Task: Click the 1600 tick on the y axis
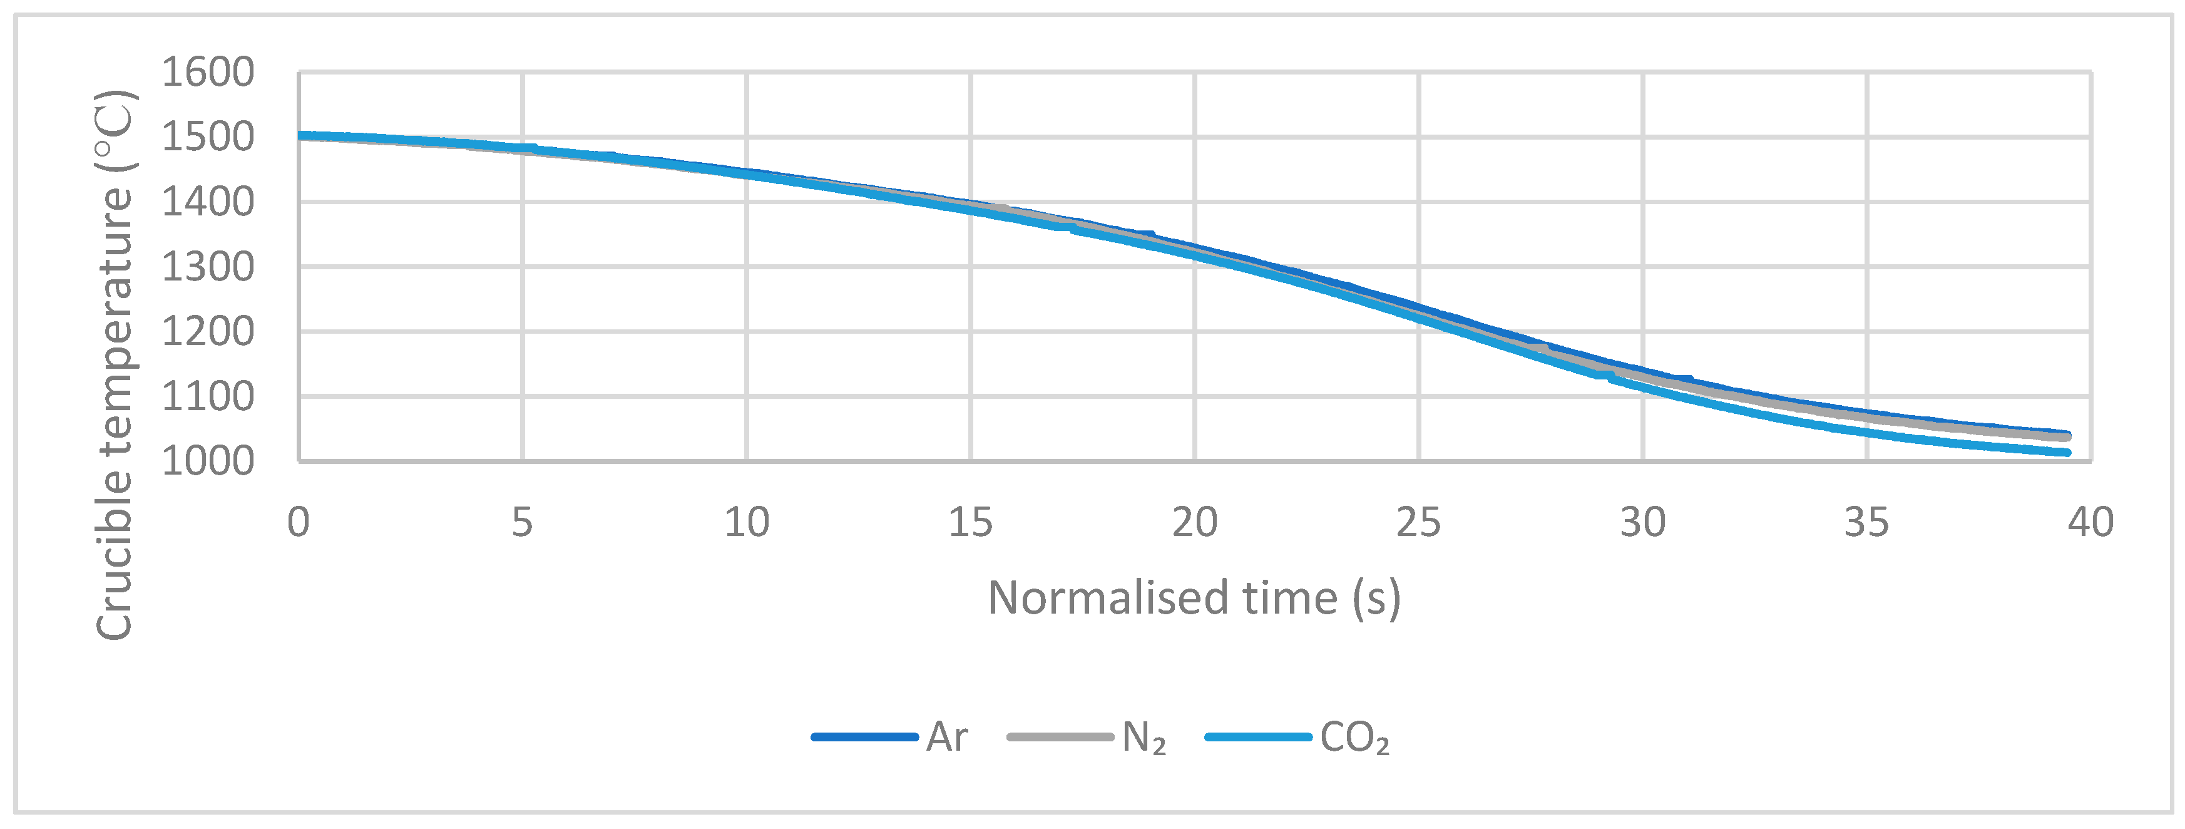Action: (208, 73)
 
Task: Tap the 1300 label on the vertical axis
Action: (208, 268)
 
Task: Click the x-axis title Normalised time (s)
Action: (1194, 598)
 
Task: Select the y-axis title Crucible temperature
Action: (115, 365)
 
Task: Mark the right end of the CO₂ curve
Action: (2067, 452)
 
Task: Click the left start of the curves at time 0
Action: (301, 135)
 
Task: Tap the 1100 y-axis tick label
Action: (208, 397)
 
